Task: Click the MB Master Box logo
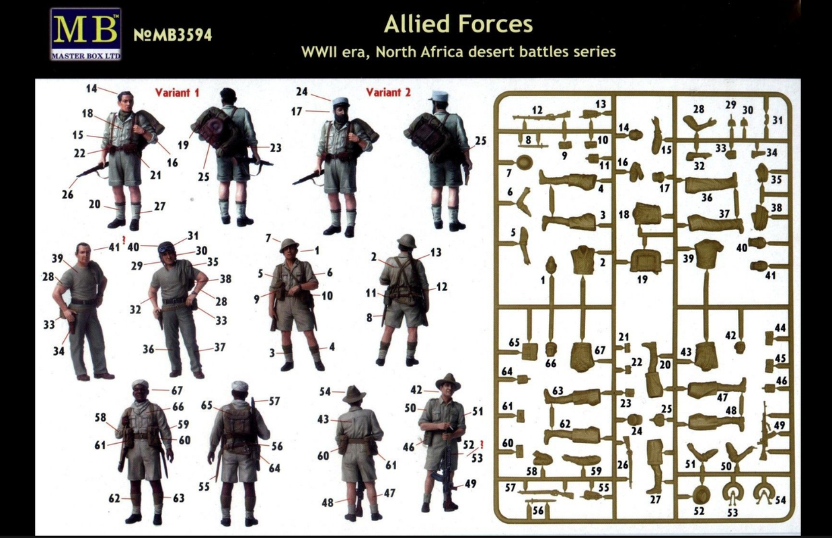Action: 86,34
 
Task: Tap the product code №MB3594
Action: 173,35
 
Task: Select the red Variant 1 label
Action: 177,92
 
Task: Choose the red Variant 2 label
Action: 389,92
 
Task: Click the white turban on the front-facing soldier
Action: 140,384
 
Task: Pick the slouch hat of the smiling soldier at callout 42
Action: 449,382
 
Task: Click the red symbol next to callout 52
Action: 482,444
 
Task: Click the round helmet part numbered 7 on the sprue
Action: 524,162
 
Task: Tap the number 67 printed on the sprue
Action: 599,350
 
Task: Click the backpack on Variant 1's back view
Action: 216,130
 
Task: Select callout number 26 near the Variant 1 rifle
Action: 68,194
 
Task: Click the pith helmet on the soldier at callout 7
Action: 289,245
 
